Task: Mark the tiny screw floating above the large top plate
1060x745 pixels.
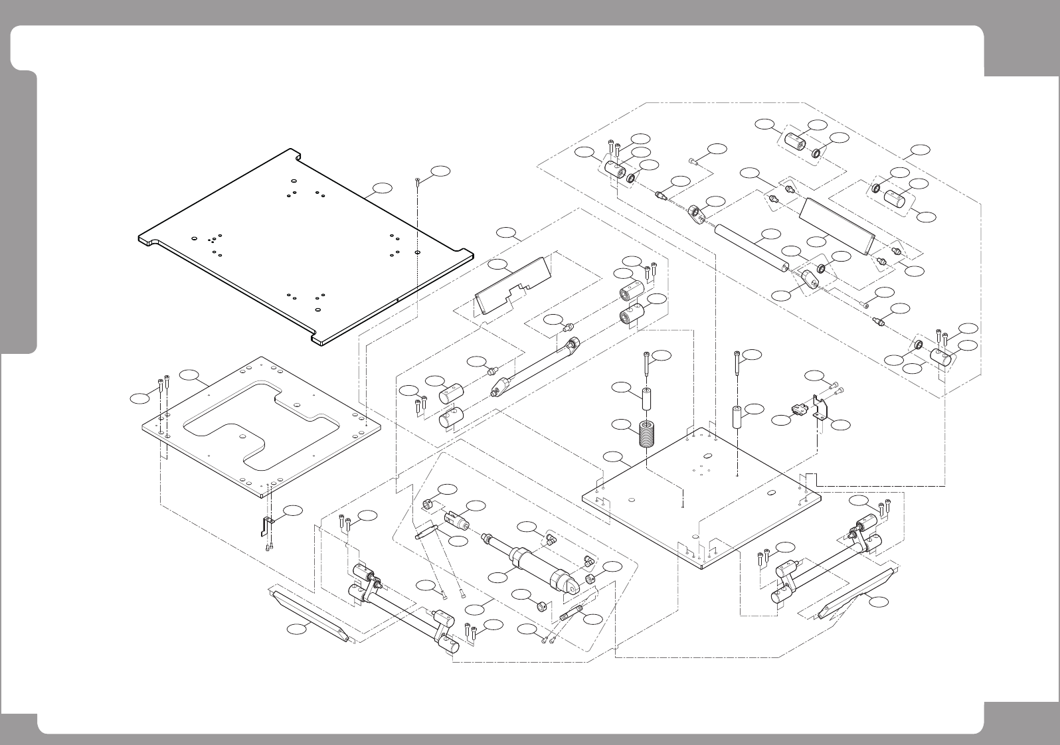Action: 416,181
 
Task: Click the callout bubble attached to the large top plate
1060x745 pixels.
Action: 381,188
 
